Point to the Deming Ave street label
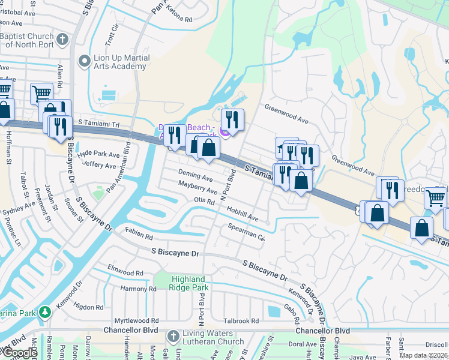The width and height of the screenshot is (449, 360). [196, 178]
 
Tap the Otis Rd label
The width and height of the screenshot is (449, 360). [204, 202]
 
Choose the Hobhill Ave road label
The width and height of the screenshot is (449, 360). [243, 213]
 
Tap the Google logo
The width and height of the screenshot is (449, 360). [20, 353]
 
